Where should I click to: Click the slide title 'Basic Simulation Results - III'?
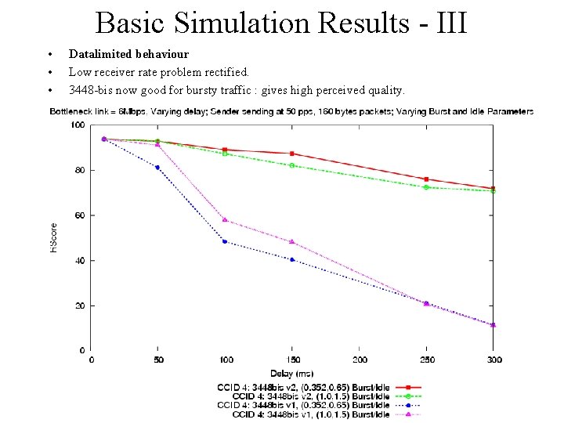pyautogui.click(x=281, y=23)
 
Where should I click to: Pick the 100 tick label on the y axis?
pyautogui.click(x=78, y=125)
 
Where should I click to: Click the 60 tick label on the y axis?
pyautogui.click(x=79, y=215)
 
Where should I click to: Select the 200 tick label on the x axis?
pyautogui.click(x=360, y=360)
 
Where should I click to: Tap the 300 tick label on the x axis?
pyautogui.click(x=493, y=360)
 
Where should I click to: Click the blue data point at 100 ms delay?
pyautogui.click(x=225, y=241)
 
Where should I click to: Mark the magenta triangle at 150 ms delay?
pyautogui.click(x=292, y=241)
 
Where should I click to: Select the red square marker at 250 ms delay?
pyautogui.click(x=426, y=179)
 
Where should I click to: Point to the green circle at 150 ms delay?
pyautogui.click(x=292, y=165)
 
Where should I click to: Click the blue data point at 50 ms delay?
pyautogui.click(x=158, y=167)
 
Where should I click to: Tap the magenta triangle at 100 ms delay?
pyautogui.click(x=225, y=219)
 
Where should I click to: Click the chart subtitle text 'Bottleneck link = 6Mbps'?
pyautogui.click(x=98, y=111)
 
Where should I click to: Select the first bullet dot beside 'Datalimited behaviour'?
pyautogui.click(x=49, y=55)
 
